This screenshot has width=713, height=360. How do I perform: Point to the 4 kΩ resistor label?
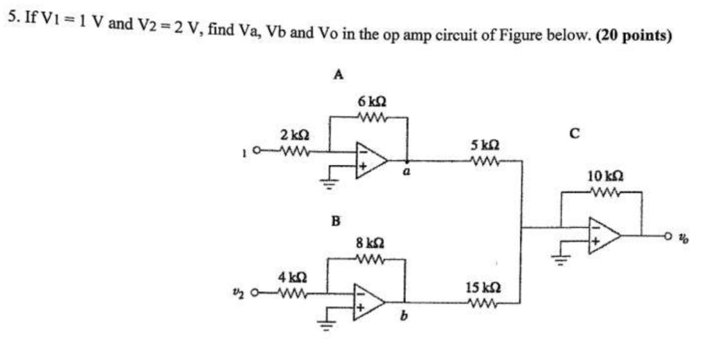(x=290, y=276)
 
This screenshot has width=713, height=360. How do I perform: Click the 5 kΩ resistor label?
(x=484, y=146)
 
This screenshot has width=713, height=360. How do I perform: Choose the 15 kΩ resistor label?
(x=483, y=287)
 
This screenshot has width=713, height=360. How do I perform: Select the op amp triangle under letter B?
(x=368, y=302)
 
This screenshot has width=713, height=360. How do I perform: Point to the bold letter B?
(x=336, y=222)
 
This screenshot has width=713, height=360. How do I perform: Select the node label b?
(x=403, y=319)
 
